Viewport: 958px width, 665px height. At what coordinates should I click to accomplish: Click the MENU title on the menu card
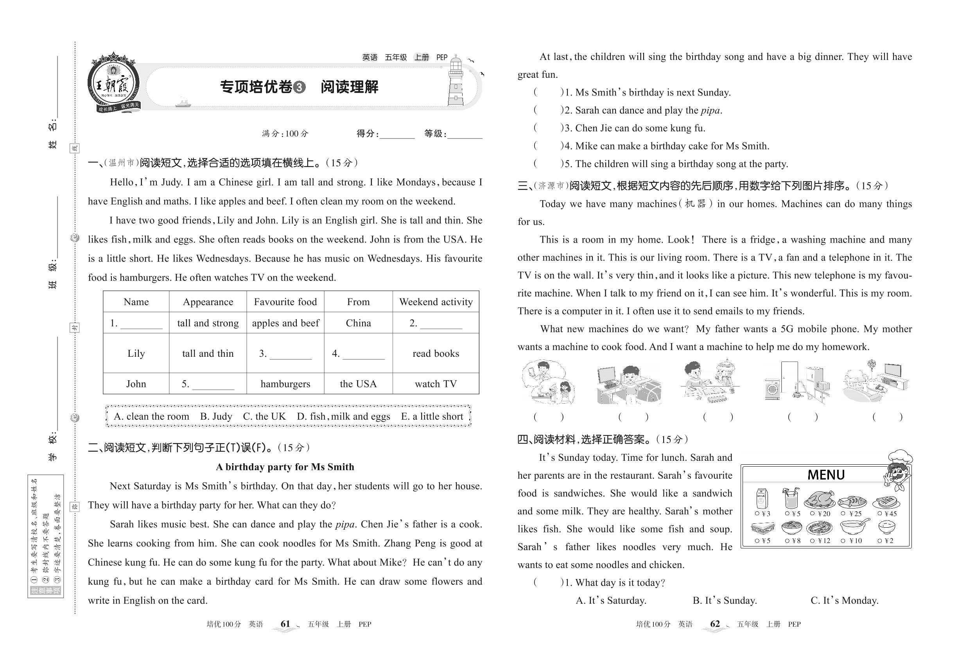[825, 475]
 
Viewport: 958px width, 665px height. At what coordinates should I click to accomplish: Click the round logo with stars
[113, 83]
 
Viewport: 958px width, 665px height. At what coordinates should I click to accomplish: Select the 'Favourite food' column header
[285, 302]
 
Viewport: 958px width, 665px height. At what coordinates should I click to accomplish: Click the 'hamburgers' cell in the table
[285, 384]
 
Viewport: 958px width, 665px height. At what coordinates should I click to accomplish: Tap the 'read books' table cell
[436, 353]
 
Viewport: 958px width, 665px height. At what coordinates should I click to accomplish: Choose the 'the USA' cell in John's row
[358, 384]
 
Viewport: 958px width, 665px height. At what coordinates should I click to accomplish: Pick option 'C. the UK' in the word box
[264, 416]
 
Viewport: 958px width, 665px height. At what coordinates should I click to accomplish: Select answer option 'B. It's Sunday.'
[725, 600]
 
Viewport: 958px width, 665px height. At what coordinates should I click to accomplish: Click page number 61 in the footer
[285, 624]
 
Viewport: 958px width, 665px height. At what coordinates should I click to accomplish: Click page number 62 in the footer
[715, 624]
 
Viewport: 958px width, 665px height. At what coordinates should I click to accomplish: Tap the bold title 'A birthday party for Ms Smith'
[285, 467]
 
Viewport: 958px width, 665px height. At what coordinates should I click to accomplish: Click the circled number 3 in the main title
[299, 87]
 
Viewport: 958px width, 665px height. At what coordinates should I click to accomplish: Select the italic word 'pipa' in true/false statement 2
[710, 110]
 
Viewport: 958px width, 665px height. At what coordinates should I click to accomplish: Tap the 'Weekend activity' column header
[436, 302]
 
